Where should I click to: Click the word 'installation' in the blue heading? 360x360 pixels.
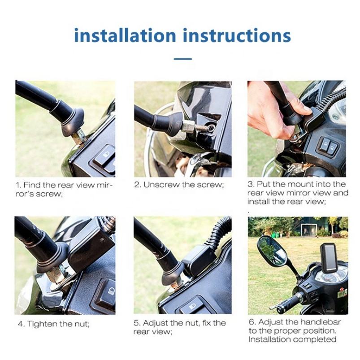click(x=125, y=35)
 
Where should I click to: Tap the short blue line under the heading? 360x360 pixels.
click(x=183, y=59)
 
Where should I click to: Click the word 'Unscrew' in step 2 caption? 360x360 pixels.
click(x=161, y=185)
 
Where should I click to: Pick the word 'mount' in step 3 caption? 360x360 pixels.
click(x=300, y=184)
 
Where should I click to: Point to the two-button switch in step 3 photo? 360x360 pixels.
click(x=327, y=146)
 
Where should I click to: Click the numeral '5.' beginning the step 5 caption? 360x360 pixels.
click(x=137, y=323)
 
